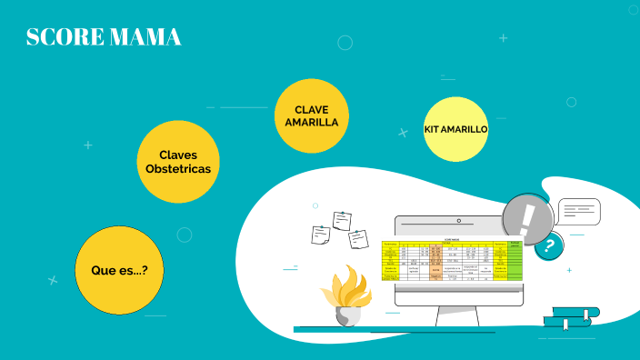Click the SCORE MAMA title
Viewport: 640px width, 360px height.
click(104, 37)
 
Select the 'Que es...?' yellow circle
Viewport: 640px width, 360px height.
click(119, 270)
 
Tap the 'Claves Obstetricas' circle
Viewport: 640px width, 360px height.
click(178, 162)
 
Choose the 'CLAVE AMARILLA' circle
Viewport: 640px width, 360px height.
click(312, 115)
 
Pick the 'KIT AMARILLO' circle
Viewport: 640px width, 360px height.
click(456, 129)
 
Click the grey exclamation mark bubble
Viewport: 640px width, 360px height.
click(528, 219)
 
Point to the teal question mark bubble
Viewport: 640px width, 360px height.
click(548, 245)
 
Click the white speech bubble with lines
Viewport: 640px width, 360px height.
click(579, 211)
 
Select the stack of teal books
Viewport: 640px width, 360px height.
click(571, 315)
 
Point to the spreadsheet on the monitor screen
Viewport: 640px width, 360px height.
click(453, 260)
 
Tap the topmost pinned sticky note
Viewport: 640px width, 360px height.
click(342, 220)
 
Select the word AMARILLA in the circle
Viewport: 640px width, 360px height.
click(312, 122)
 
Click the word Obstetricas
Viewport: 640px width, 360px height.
click(178, 169)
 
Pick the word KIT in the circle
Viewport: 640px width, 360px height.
click(434, 129)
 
